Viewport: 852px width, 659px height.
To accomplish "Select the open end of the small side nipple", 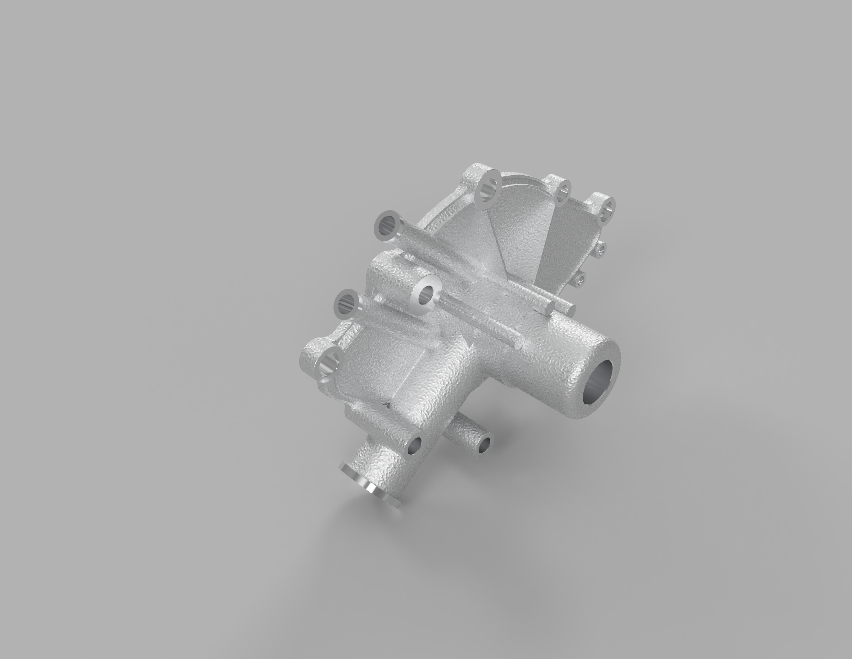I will click(485, 444).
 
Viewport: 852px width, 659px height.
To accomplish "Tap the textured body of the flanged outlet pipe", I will click(386, 465).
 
